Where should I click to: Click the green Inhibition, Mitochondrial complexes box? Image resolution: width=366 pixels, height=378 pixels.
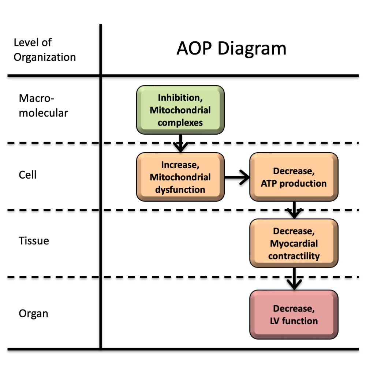[x=180, y=110]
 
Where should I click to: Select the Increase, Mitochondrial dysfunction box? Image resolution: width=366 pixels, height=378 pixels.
[x=180, y=177]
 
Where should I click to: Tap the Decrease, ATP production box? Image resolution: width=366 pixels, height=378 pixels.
[x=294, y=177]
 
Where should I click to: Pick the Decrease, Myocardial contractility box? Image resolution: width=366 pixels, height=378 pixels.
[x=294, y=243]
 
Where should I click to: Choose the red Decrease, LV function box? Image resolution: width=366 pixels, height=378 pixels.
[x=294, y=315]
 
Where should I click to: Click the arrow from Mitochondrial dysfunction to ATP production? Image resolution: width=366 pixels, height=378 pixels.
[x=237, y=177]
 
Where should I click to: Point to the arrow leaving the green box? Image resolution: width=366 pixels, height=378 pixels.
[x=180, y=143]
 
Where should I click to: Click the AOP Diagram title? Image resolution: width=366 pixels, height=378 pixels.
[x=231, y=49]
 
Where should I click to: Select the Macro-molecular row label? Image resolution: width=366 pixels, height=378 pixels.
[x=43, y=105]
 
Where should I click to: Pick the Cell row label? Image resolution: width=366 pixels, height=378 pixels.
[x=27, y=175]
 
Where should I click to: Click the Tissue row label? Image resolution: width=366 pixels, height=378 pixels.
[x=34, y=241]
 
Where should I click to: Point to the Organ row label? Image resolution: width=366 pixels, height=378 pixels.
[x=33, y=314]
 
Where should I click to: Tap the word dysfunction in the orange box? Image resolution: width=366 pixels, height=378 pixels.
[x=180, y=190]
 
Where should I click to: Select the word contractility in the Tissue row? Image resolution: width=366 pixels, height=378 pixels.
[x=294, y=255]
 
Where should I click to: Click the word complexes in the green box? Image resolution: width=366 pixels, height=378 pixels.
[x=180, y=122]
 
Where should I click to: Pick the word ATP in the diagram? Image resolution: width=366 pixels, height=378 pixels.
[x=269, y=183]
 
